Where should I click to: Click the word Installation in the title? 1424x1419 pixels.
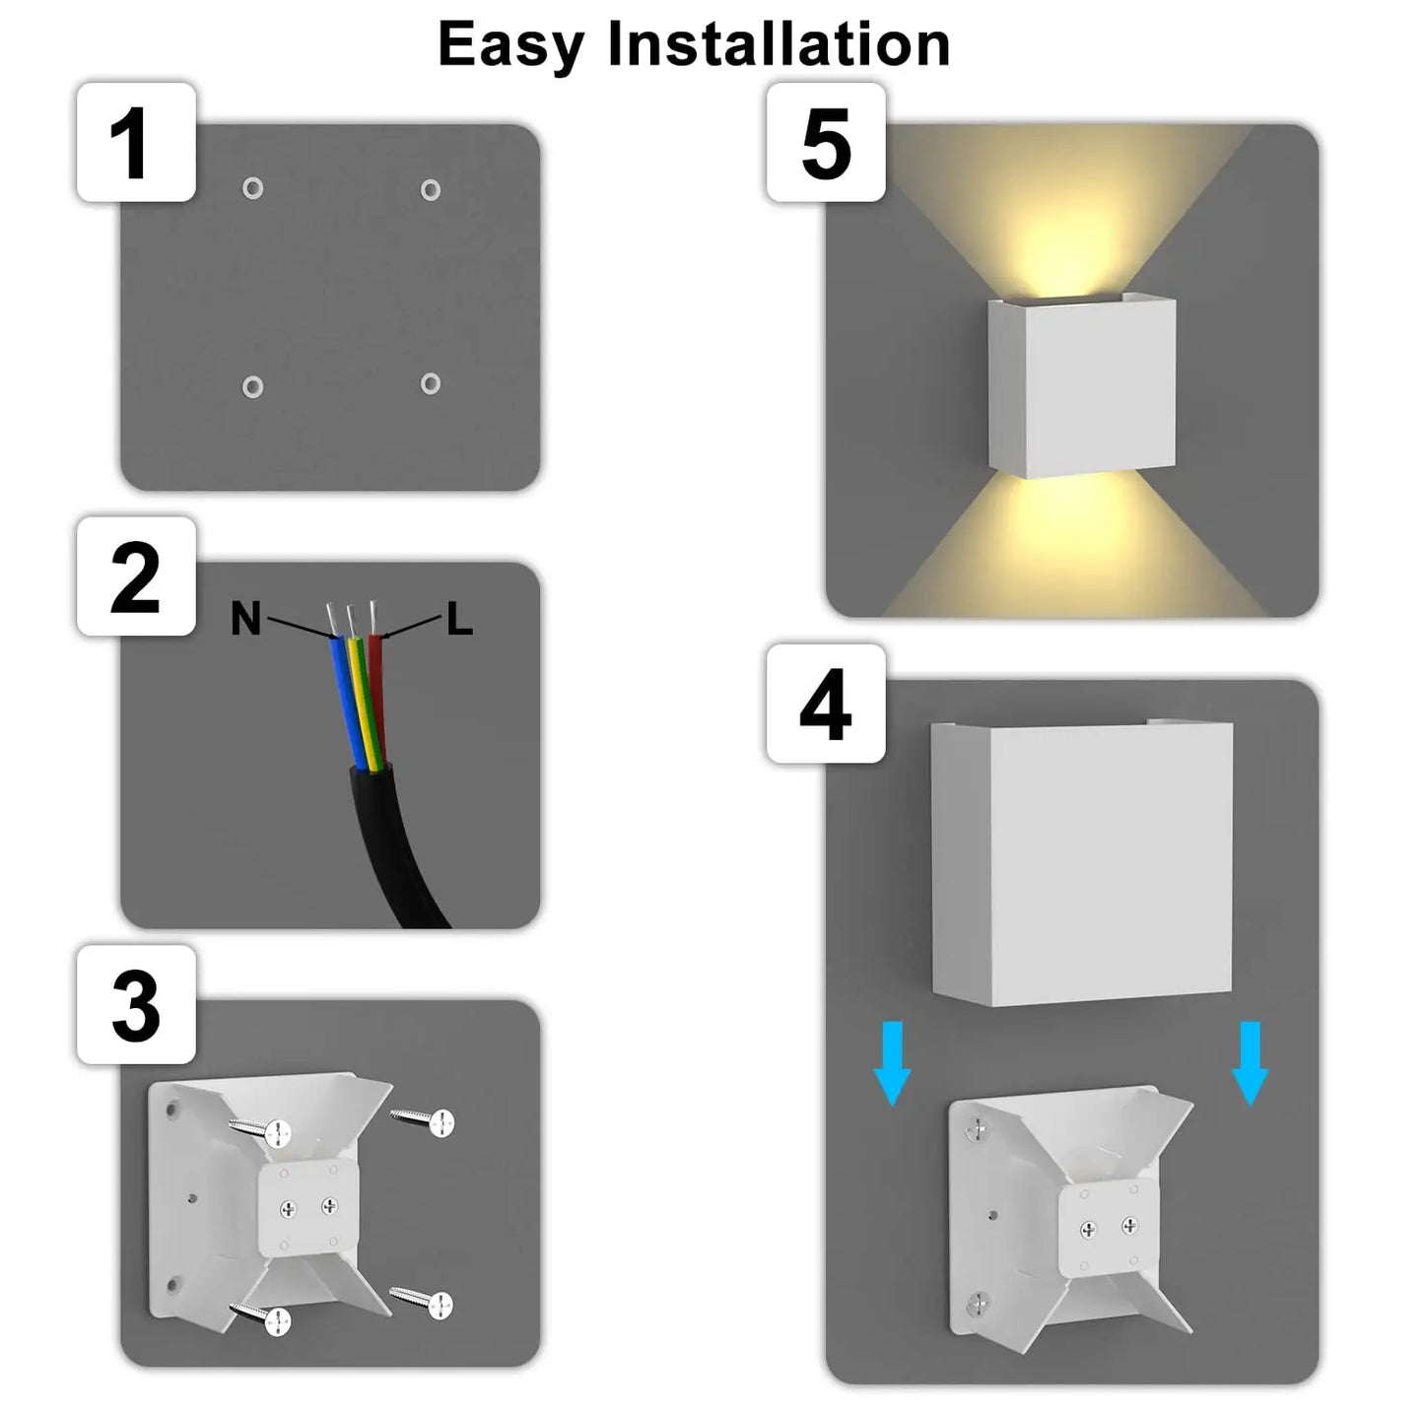pyautogui.click(x=779, y=44)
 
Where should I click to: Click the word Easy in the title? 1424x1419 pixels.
pyautogui.click(x=510, y=46)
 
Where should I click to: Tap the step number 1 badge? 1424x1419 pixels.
pyautogui.click(x=136, y=143)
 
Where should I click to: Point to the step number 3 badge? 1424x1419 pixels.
pyautogui.click(x=136, y=1005)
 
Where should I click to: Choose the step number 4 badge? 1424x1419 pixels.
pyautogui.click(x=826, y=704)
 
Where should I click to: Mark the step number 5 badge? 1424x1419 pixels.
pyautogui.click(x=826, y=143)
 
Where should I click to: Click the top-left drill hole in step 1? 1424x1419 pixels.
pyautogui.click(x=252, y=187)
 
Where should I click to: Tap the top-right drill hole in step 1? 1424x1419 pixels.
pyautogui.click(x=431, y=189)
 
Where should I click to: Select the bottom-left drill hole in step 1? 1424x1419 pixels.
pyautogui.click(x=252, y=386)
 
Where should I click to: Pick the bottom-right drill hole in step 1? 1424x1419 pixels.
pyautogui.click(x=431, y=382)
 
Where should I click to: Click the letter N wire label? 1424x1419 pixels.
pyautogui.click(x=246, y=619)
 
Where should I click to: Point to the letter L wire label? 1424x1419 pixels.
pyautogui.click(x=459, y=620)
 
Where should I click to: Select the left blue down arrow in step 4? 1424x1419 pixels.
pyautogui.click(x=892, y=1062)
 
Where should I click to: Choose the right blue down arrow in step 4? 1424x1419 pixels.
pyautogui.click(x=1251, y=1062)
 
